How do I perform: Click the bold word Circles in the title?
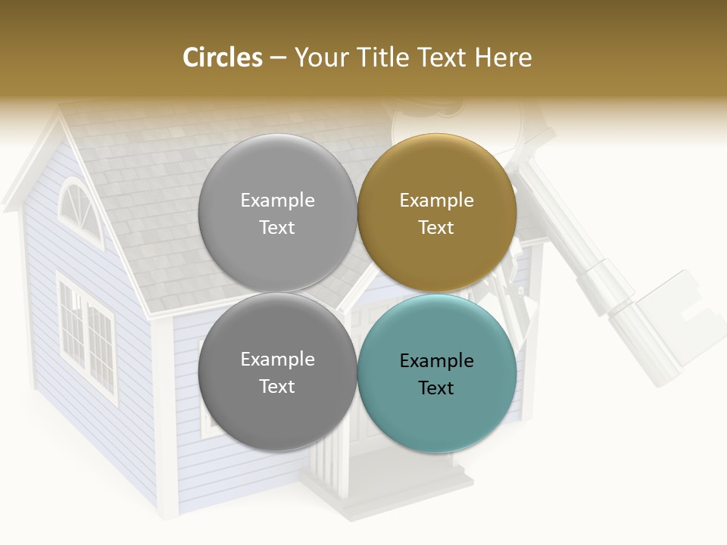(x=222, y=58)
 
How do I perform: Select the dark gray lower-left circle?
(x=277, y=416)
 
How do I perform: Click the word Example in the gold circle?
(x=436, y=201)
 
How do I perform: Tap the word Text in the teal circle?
(x=436, y=388)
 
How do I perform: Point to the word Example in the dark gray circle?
(x=277, y=360)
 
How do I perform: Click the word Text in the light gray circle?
(x=277, y=228)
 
